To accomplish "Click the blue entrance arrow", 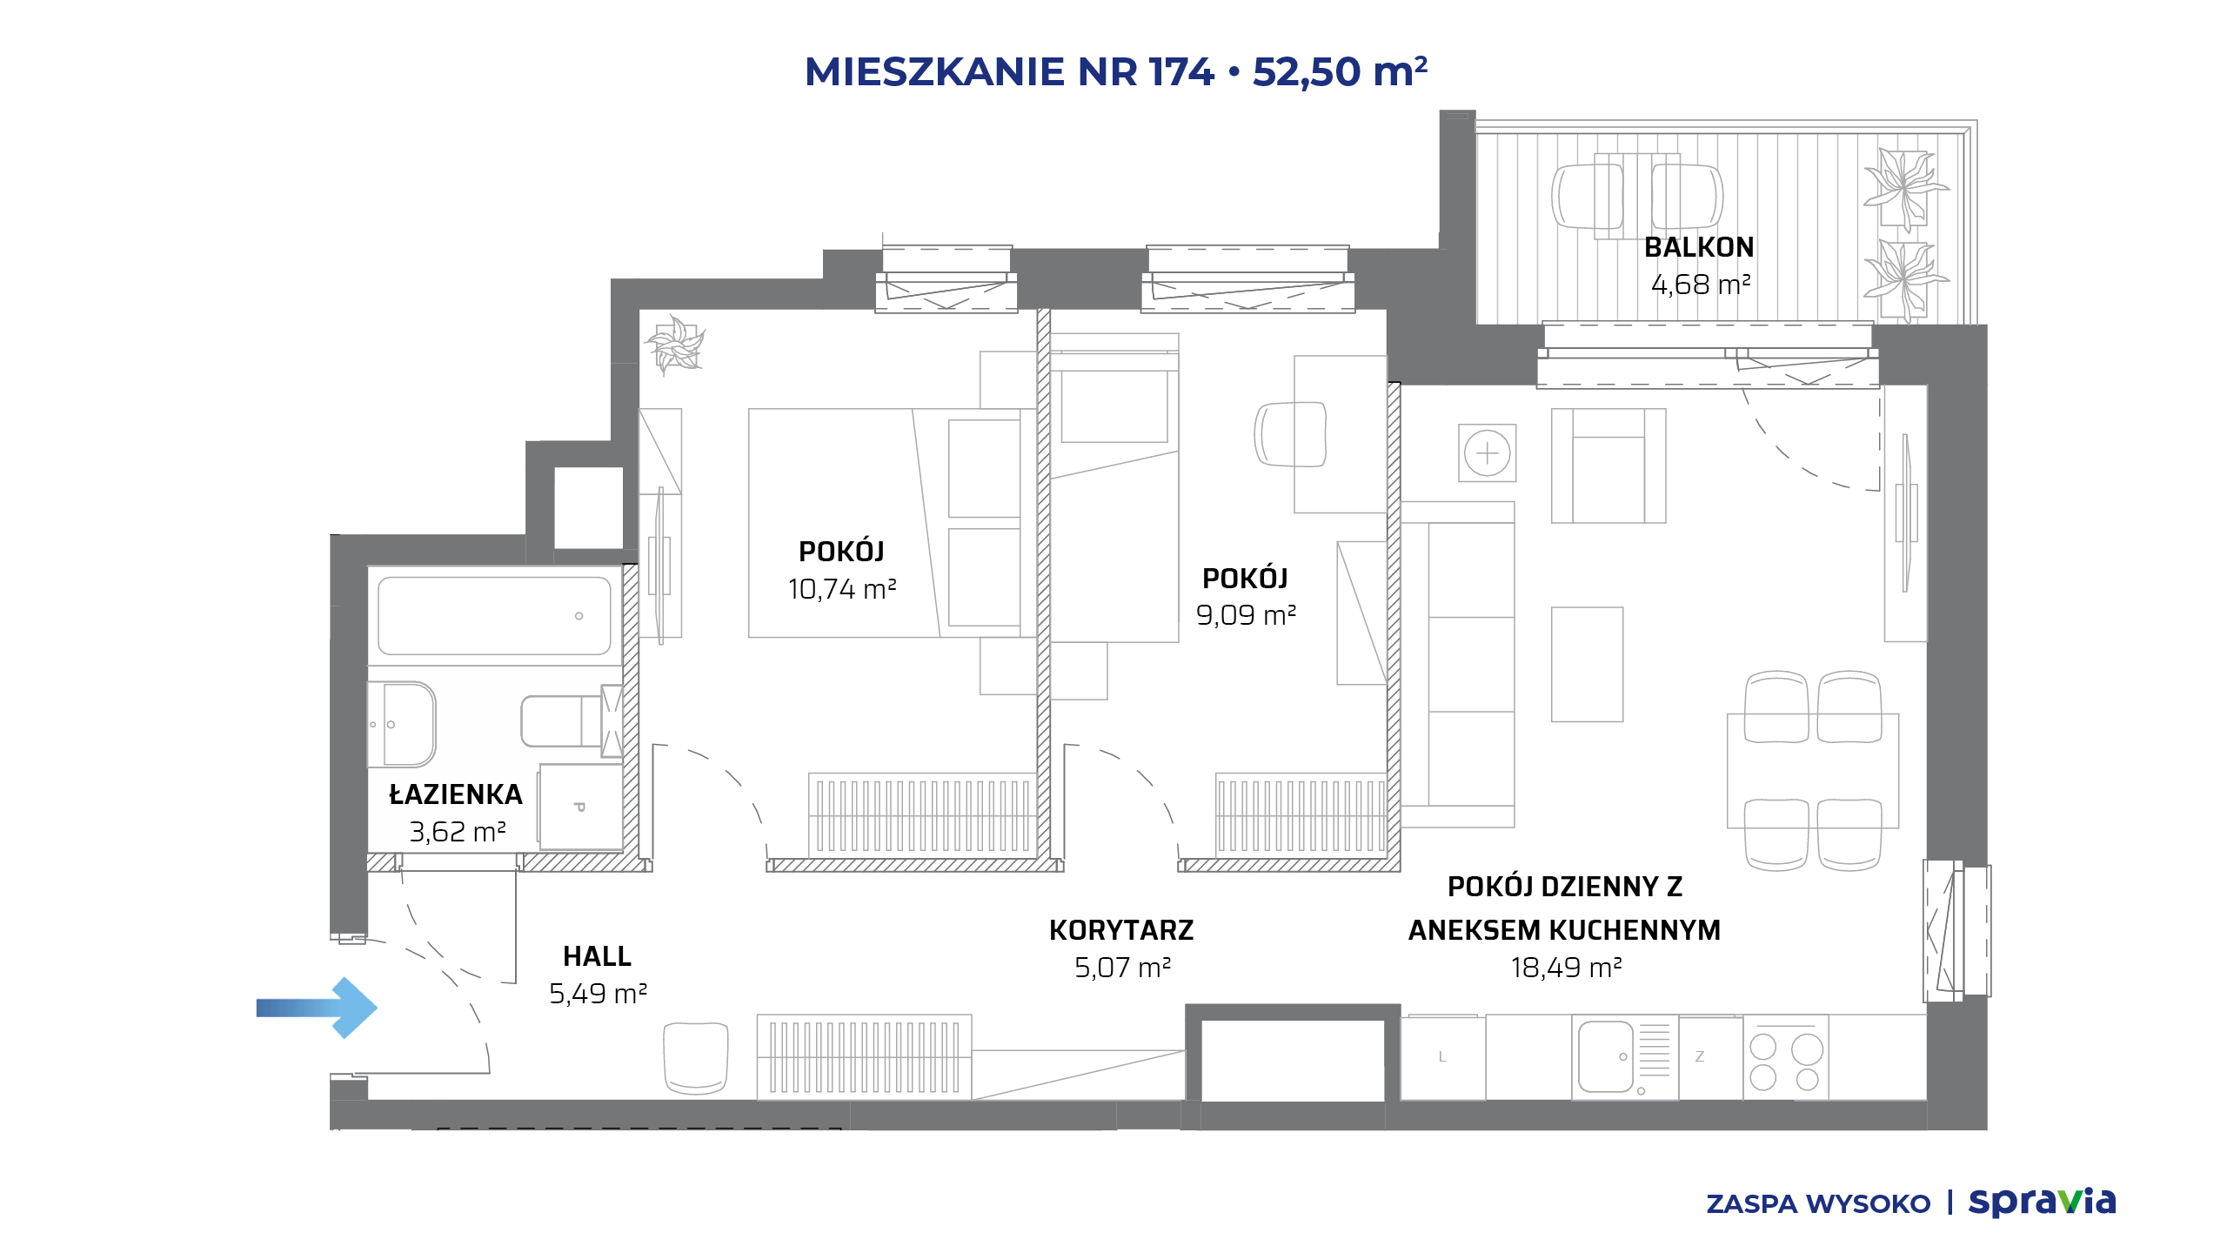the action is click(317, 1008).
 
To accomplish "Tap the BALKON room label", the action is click(1699, 248).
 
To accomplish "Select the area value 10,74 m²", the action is click(842, 589).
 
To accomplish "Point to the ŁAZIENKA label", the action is click(456, 794).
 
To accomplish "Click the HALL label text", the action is click(597, 956).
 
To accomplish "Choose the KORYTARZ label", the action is click(1121, 930).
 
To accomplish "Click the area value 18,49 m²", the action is click(1566, 968).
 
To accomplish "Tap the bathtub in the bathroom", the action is click(494, 615).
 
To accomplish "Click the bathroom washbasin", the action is click(402, 724).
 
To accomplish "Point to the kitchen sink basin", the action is click(1605, 1056).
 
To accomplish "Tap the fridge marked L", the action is click(1442, 1057).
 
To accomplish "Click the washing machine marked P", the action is click(580, 807).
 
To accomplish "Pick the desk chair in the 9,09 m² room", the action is click(1290, 434).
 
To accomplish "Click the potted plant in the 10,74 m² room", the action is click(675, 345).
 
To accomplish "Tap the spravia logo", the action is click(2042, 1202).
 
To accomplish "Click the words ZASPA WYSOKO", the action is click(1818, 1204).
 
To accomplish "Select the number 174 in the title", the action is click(1180, 72).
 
